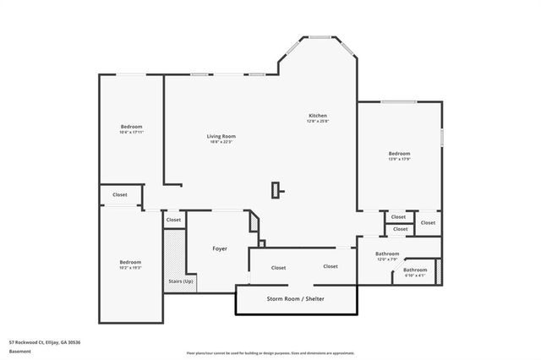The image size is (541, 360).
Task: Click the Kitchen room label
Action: tap(317, 116)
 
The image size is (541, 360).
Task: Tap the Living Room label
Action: tap(221, 136)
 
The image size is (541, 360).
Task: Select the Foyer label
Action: tap(219, 248)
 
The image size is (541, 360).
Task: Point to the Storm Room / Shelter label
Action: tap(295, 299)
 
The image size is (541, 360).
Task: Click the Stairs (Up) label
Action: tap(181, 281)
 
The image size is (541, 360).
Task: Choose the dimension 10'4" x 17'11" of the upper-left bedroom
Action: tap(131, 133)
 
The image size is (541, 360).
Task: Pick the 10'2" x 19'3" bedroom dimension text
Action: tap(130, 268)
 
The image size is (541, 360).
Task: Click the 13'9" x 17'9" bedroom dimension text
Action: tap(399, 160)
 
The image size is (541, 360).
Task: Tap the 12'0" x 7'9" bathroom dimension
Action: tap(387, 259)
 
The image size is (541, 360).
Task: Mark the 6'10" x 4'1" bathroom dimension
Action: tap(415, 275)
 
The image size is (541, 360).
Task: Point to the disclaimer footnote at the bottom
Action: tap(270, 353)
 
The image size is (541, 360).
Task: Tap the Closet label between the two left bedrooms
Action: tap(120, 194)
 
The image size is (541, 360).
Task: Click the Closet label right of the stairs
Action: tap(173, 220)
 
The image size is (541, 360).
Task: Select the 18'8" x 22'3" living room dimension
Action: tap(221, 142)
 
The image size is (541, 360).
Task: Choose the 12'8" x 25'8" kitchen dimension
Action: tap(317, 122)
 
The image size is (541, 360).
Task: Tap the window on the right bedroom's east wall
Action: tap(441, 138)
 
